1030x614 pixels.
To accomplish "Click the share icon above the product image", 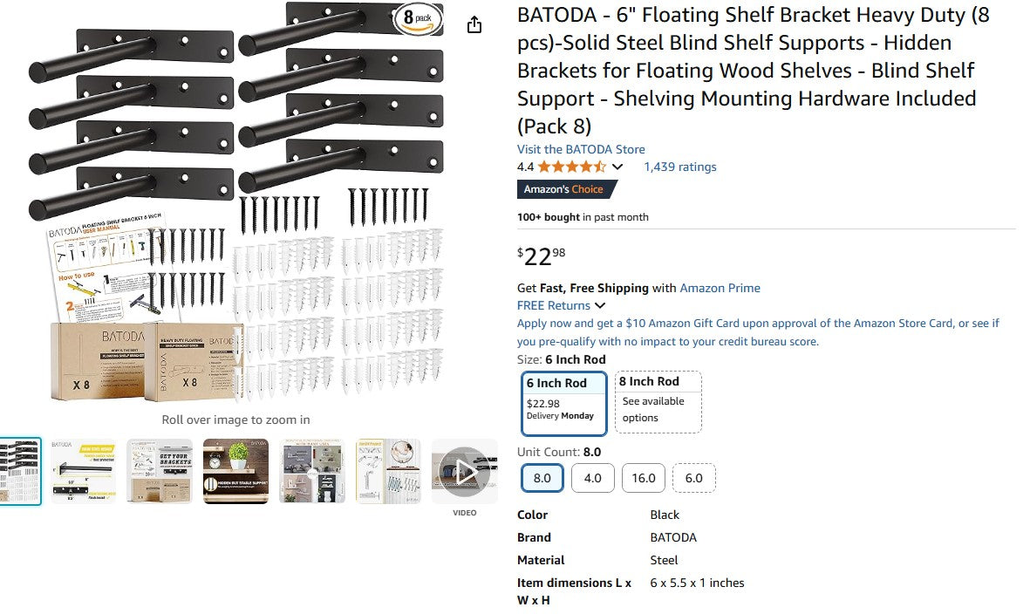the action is (474, 24).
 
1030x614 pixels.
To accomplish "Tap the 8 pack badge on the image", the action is (417, 18).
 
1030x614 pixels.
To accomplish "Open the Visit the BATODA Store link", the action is (581, 149).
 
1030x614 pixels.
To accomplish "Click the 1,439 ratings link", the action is (679, 167).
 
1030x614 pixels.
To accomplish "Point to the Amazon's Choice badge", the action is (566, 189).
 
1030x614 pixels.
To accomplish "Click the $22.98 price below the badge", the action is (542, 256).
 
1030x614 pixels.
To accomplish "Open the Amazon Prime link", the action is (720, 288).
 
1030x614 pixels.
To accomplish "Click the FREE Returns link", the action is (554, 305).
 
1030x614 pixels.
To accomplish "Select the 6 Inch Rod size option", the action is (563, 403).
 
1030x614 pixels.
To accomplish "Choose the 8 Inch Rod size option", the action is (658, 401).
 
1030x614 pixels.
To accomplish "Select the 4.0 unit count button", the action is (592, 478).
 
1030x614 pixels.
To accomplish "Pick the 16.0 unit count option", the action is (643, 478).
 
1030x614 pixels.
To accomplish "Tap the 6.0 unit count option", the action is (693, 478).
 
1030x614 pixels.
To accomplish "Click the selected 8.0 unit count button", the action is (542, 478).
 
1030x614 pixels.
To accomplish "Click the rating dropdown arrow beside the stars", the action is (617, 167).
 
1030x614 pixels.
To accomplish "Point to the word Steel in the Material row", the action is (664, 560).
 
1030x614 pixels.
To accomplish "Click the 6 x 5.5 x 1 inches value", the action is (697, 583).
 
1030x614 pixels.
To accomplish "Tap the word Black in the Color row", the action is (665, 515).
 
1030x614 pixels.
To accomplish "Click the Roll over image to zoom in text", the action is (235, 420).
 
